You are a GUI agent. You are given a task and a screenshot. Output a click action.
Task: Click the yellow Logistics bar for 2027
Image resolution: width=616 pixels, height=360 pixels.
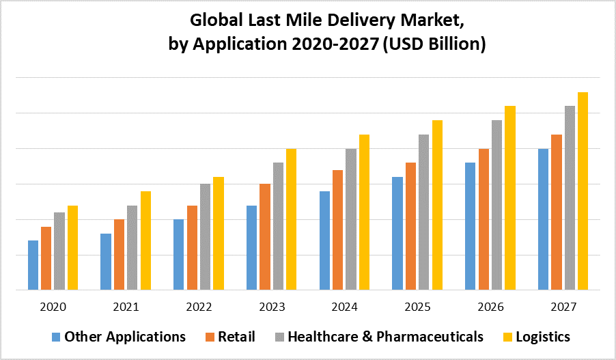583,191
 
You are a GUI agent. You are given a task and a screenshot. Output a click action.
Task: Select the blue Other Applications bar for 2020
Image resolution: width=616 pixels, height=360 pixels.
33,265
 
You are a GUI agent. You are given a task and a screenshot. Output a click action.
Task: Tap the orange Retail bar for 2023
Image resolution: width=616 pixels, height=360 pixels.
265,236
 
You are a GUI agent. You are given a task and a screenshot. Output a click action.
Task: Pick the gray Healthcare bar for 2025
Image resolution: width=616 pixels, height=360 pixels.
424,212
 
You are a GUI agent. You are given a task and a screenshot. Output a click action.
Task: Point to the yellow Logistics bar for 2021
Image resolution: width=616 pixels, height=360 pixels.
145,240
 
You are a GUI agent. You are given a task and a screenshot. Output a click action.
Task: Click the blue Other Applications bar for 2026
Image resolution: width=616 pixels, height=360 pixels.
471,226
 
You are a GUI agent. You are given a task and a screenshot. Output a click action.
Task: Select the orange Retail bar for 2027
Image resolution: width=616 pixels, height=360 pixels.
557,212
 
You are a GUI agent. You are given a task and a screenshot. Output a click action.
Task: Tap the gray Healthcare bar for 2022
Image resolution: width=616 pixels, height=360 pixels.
205,236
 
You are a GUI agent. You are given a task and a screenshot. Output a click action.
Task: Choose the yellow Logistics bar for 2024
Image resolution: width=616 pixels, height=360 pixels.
364,212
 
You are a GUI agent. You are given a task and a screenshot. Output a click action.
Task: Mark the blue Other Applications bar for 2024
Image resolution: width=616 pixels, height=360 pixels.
324,240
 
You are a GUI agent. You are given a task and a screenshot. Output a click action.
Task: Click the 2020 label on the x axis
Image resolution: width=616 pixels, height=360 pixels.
53,307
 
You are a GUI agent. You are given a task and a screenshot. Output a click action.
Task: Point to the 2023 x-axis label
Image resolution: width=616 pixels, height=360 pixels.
271,307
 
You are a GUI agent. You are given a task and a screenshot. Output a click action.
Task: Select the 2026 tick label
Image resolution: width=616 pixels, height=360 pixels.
490,307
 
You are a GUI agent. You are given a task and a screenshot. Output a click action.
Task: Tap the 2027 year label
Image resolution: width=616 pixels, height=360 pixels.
563,307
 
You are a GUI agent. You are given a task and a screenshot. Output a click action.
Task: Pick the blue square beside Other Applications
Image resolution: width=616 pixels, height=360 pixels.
56,337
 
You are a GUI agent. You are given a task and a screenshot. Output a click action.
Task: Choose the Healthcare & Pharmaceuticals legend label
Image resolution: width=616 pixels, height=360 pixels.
385,337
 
